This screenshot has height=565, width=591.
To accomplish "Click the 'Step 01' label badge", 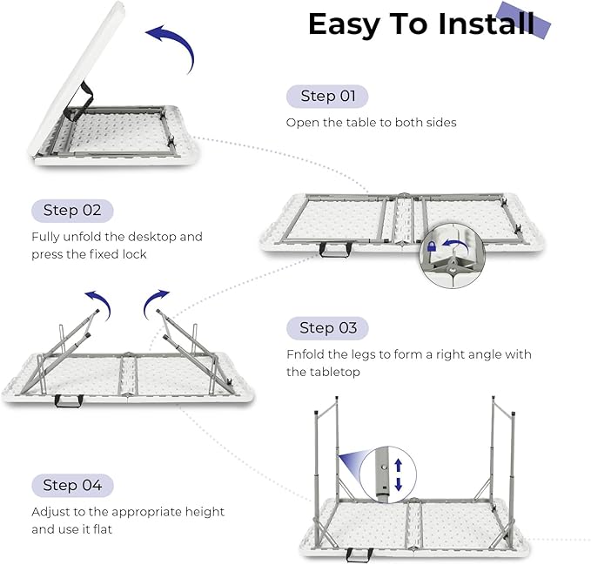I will (327, 96).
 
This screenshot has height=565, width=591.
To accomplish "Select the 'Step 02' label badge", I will (72, 210).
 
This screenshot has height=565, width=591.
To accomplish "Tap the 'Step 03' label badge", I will (327, 327).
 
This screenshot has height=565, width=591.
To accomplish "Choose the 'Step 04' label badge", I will (72, 485).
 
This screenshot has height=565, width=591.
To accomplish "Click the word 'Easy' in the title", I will (351, 24).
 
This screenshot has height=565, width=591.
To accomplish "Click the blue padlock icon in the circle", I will (432, 250).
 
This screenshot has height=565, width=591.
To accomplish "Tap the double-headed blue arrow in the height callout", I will (399, 474).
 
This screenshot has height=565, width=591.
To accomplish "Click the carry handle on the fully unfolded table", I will (332, 250).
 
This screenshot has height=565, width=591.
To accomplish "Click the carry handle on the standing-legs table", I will (356, 554).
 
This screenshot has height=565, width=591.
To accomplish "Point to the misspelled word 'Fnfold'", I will (306, 354).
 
